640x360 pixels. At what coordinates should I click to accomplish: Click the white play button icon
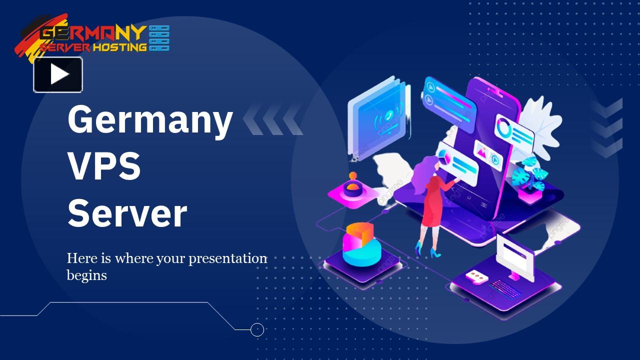58,74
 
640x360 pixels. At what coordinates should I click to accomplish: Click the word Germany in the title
150,120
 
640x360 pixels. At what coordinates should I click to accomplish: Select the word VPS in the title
104,167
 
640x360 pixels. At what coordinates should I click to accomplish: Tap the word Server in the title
127,213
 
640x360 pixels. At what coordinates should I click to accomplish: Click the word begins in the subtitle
86,275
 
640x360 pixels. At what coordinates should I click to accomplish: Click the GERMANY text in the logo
92,34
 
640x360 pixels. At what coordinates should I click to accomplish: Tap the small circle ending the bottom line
257,329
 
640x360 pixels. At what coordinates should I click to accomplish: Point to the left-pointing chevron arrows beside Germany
273,120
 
